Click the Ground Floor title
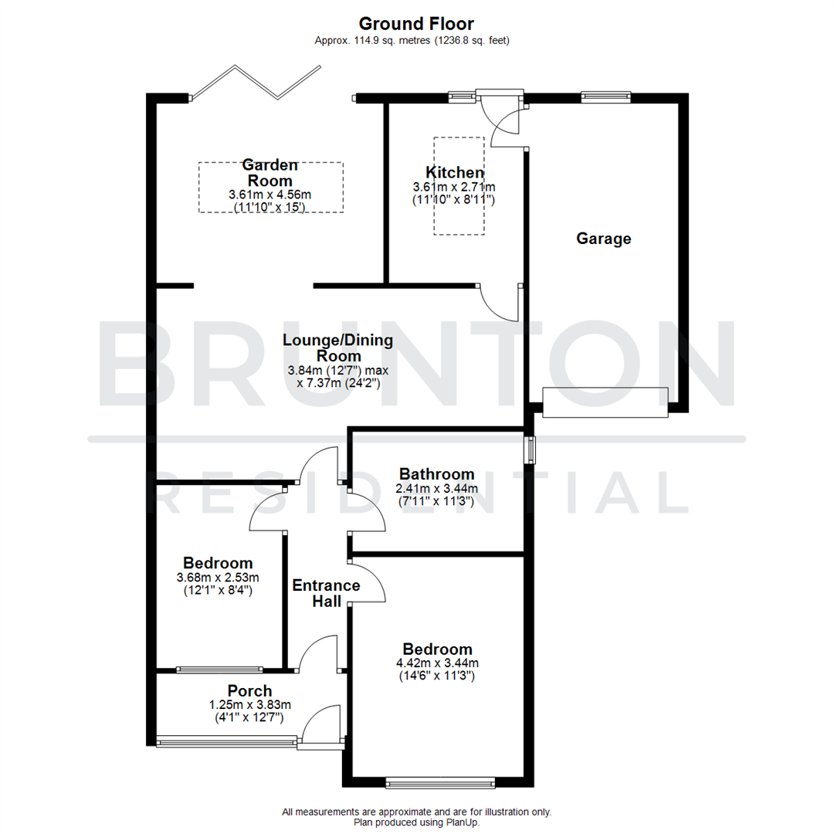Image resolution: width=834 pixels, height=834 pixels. click(x=416, y=24)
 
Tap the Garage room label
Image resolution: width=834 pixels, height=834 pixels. click(x=603, y=239)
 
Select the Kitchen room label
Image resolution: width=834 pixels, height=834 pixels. click(x=455, y=172)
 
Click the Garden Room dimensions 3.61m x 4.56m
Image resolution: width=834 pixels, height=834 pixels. click(x=270, y=195)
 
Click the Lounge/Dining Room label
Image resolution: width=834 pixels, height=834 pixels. click(x=337, y=347)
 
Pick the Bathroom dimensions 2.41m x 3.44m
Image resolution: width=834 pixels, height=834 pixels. click(x=436, y=489)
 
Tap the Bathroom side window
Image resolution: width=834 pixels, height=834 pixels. click(x=531, y=450)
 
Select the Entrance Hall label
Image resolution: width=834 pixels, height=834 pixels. click(x=326, y=592)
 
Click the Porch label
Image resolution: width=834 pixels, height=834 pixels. click(x=249, y=690)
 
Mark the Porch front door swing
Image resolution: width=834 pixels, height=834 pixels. click(x=321, y=726)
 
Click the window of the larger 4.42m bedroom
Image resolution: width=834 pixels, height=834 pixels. click(x=441, y=783)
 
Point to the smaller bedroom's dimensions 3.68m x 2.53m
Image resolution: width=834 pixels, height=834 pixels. click(x=217, y=578)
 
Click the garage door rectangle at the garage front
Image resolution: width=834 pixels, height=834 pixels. click(x=605, y=402)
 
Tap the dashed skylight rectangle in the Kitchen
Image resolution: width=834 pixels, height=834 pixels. click(x=459, y=185)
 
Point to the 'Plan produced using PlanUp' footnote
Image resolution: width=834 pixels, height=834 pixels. click(x=416, y=822)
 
